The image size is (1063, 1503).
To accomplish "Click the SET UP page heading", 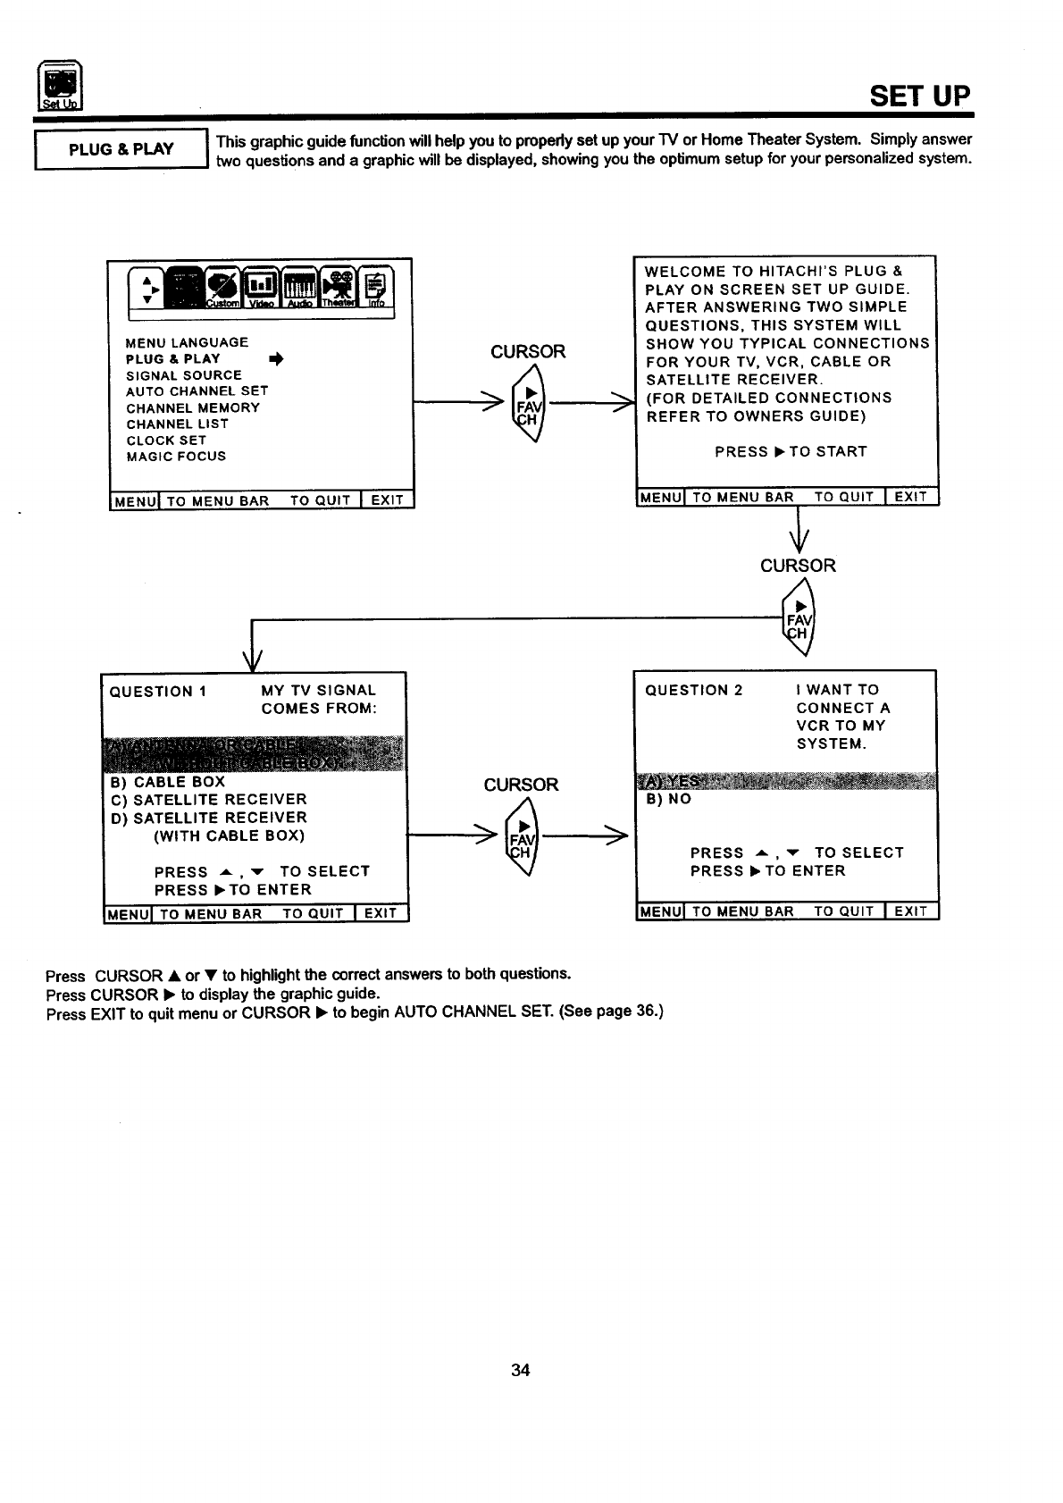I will [x=919, y=96].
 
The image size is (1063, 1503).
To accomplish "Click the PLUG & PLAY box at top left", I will [x=121, y=149].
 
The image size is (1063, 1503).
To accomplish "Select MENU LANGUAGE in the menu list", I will [x=187, y=342].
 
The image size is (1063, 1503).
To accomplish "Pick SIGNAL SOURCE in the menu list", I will [x=184, y=375].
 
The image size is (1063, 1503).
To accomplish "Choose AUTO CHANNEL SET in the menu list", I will [x=197, y=391].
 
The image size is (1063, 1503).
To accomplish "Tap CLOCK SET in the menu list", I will [x=166, y=441].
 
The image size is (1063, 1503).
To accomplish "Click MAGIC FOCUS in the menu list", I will [x=176, y=457].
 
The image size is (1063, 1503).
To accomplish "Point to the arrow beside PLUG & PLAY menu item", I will [x=276, y=359].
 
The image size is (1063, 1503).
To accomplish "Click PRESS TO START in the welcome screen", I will [x=790, y=452].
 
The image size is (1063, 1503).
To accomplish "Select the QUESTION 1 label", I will [x=157, y=692].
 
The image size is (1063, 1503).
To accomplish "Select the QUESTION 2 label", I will [x=693, y=690].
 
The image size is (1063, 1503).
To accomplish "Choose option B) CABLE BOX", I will [x=168, y=782].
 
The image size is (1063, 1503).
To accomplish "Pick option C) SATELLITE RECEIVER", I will [x=208, y=800].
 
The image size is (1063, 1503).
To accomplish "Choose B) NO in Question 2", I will [x=668, y=799].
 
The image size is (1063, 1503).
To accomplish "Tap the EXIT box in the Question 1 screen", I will [x=381, y=913].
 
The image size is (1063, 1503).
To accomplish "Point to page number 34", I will [x=521, y=1371].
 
